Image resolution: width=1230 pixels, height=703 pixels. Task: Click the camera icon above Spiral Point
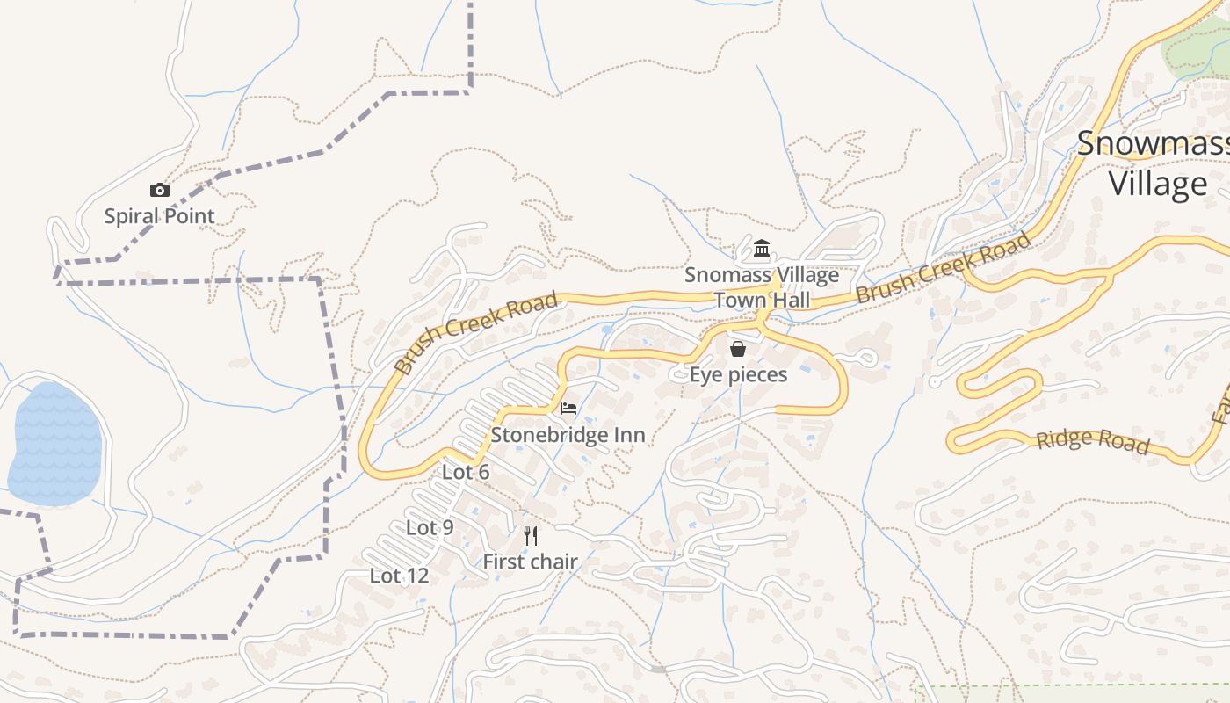click(x=159, y=190)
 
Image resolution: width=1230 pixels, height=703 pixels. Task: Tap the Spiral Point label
click(x=159, y=216)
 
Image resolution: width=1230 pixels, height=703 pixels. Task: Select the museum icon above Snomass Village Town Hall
click(x=762, y=250)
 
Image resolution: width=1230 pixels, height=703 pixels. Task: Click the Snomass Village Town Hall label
click(x=762, y=287)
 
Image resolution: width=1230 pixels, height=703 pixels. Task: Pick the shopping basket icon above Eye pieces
click(x=738, y=349)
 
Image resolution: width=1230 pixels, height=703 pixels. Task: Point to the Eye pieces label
click(x=738, y=375)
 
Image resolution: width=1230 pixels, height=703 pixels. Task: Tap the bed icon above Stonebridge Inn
click(x=568, y=409)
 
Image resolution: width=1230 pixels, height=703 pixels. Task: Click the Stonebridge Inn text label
click(x=568, y=435)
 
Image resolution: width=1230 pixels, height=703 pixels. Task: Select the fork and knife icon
click(x=531, y=535)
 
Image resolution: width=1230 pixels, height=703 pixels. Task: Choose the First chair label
click(x=530, y=562)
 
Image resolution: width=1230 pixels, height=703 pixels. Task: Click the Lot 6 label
click(x=466, y=473)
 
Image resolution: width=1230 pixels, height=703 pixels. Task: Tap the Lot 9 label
click(x=430, y=528)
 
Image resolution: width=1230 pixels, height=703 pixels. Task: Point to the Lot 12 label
click(x=399, y=576)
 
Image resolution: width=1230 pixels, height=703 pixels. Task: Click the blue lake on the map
click(x=54, y=444)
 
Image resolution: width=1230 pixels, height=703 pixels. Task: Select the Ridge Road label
click(x=1092, y=440)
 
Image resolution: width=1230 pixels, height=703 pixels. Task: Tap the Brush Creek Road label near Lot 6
click(x=476, y=333)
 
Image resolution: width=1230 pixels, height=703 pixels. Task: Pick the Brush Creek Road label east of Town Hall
click(x=943, y=268)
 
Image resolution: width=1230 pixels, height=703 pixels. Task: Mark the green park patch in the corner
click(x=1195, y=48)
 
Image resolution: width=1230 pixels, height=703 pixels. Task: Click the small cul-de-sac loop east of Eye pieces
click(x=865, y=357)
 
